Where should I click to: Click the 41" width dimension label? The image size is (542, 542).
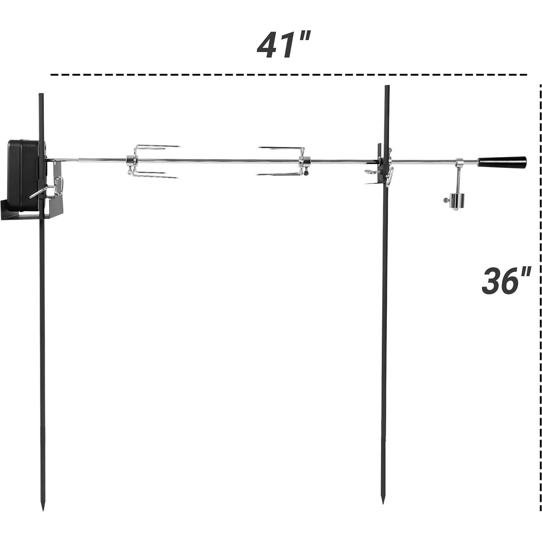283,45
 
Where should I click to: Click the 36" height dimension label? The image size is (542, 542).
506,280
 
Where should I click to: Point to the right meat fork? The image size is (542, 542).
282,161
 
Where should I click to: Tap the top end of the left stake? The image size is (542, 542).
41,95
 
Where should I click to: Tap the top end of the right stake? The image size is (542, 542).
387,87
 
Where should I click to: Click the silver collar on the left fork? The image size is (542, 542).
130,160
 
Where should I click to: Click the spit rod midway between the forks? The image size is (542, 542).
218,160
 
